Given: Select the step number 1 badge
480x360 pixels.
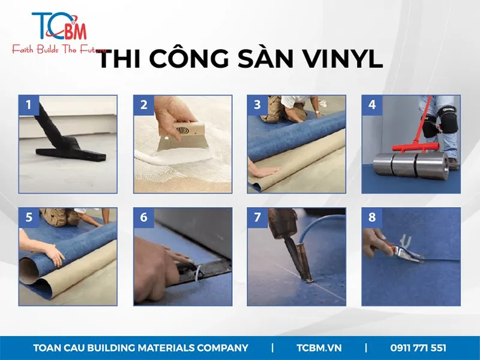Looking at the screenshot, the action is coord(29,105).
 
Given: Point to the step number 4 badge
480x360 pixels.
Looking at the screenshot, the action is coord(372,105).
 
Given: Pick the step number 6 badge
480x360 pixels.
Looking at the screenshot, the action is coord(143,218).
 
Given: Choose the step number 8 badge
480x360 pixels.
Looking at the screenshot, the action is coord(372,218).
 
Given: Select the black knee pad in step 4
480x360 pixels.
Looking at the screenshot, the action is coord(446,119).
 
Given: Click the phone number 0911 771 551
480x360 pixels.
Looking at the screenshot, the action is coord(418,348).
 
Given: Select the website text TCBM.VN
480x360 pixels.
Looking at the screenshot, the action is coord(319,348).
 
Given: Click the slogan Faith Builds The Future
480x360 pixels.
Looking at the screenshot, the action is coord(59,49).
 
